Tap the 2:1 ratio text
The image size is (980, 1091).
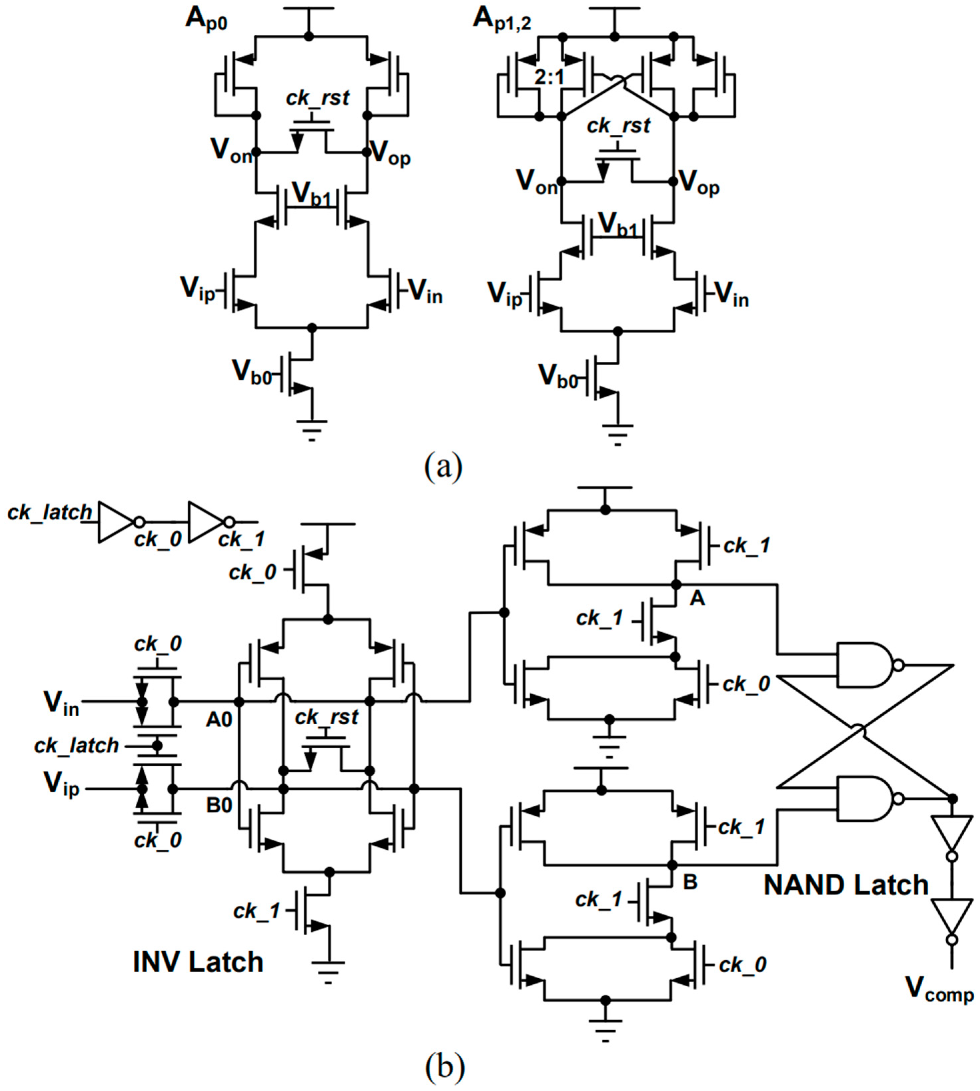pos(549,78)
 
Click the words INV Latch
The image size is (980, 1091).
pos(198,962)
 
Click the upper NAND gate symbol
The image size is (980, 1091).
pos(864,665)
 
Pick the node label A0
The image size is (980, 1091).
pos(219,720)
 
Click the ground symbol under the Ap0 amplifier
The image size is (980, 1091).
pos(311,429)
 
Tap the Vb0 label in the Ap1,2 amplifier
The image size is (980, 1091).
pos(558,376)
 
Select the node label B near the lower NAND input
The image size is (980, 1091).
pos(690,882)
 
